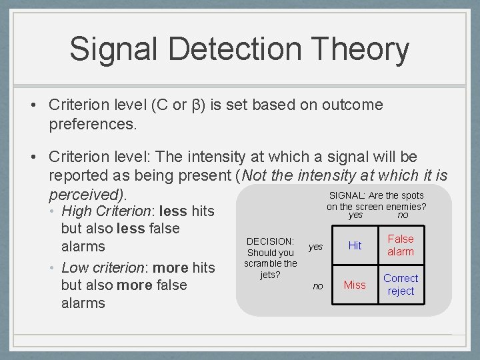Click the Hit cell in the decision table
point(355,246)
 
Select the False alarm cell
point(401,245)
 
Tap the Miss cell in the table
point(355,285)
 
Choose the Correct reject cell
point(401,285)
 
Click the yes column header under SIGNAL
point(356,215)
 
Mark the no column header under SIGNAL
point(403,215)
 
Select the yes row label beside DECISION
point(315,247)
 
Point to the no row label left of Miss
point(318,286)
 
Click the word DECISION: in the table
point(270,241)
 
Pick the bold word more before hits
point(171,268)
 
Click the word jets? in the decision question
point(270,274)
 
